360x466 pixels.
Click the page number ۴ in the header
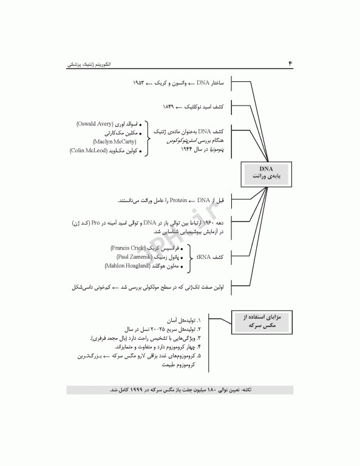pyautogui.click(x=290, y=62)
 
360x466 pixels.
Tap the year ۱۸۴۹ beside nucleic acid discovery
pyautogui.click(x=168, y=106)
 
